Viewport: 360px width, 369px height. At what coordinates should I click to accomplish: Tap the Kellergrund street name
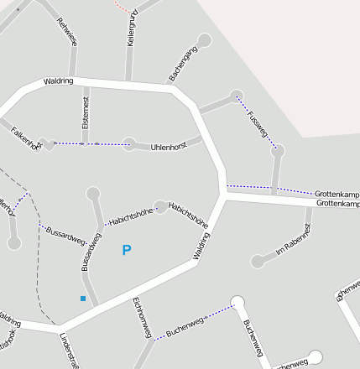pyautogui.click(x=131, y=29)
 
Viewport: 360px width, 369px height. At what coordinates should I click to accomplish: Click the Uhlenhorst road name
pyautogui.click(x=168, y=147)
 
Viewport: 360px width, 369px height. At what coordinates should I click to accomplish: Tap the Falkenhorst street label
pyautogui.click(x=26, y=138)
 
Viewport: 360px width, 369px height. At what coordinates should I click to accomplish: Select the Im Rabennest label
pyautogui.click(x=293, y=240)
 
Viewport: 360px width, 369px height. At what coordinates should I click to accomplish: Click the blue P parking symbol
pyautogui.click(x=127, y=250)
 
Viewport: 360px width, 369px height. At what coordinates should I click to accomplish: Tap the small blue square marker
pyautogui.click(x=82, y=299)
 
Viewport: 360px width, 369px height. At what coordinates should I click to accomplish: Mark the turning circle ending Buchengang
pyautogui.click(x=204, y=39)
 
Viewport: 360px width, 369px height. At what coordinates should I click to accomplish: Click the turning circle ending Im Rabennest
pyautogui.click(x=258, y=262)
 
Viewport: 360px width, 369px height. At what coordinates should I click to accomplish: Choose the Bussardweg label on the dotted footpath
pyautogui.click(x=65, y=234)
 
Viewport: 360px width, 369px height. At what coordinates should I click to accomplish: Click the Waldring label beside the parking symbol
pyautogui.click(x=202, y=246)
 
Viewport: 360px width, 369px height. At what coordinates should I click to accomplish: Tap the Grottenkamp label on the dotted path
pyautogui.click(x=337, y=194)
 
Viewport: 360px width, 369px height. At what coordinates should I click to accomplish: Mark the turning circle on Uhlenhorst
pyautogui.click(x=128, y=144)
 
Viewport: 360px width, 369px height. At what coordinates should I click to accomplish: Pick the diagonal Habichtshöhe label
pyautogui.click(x=189, y=215)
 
